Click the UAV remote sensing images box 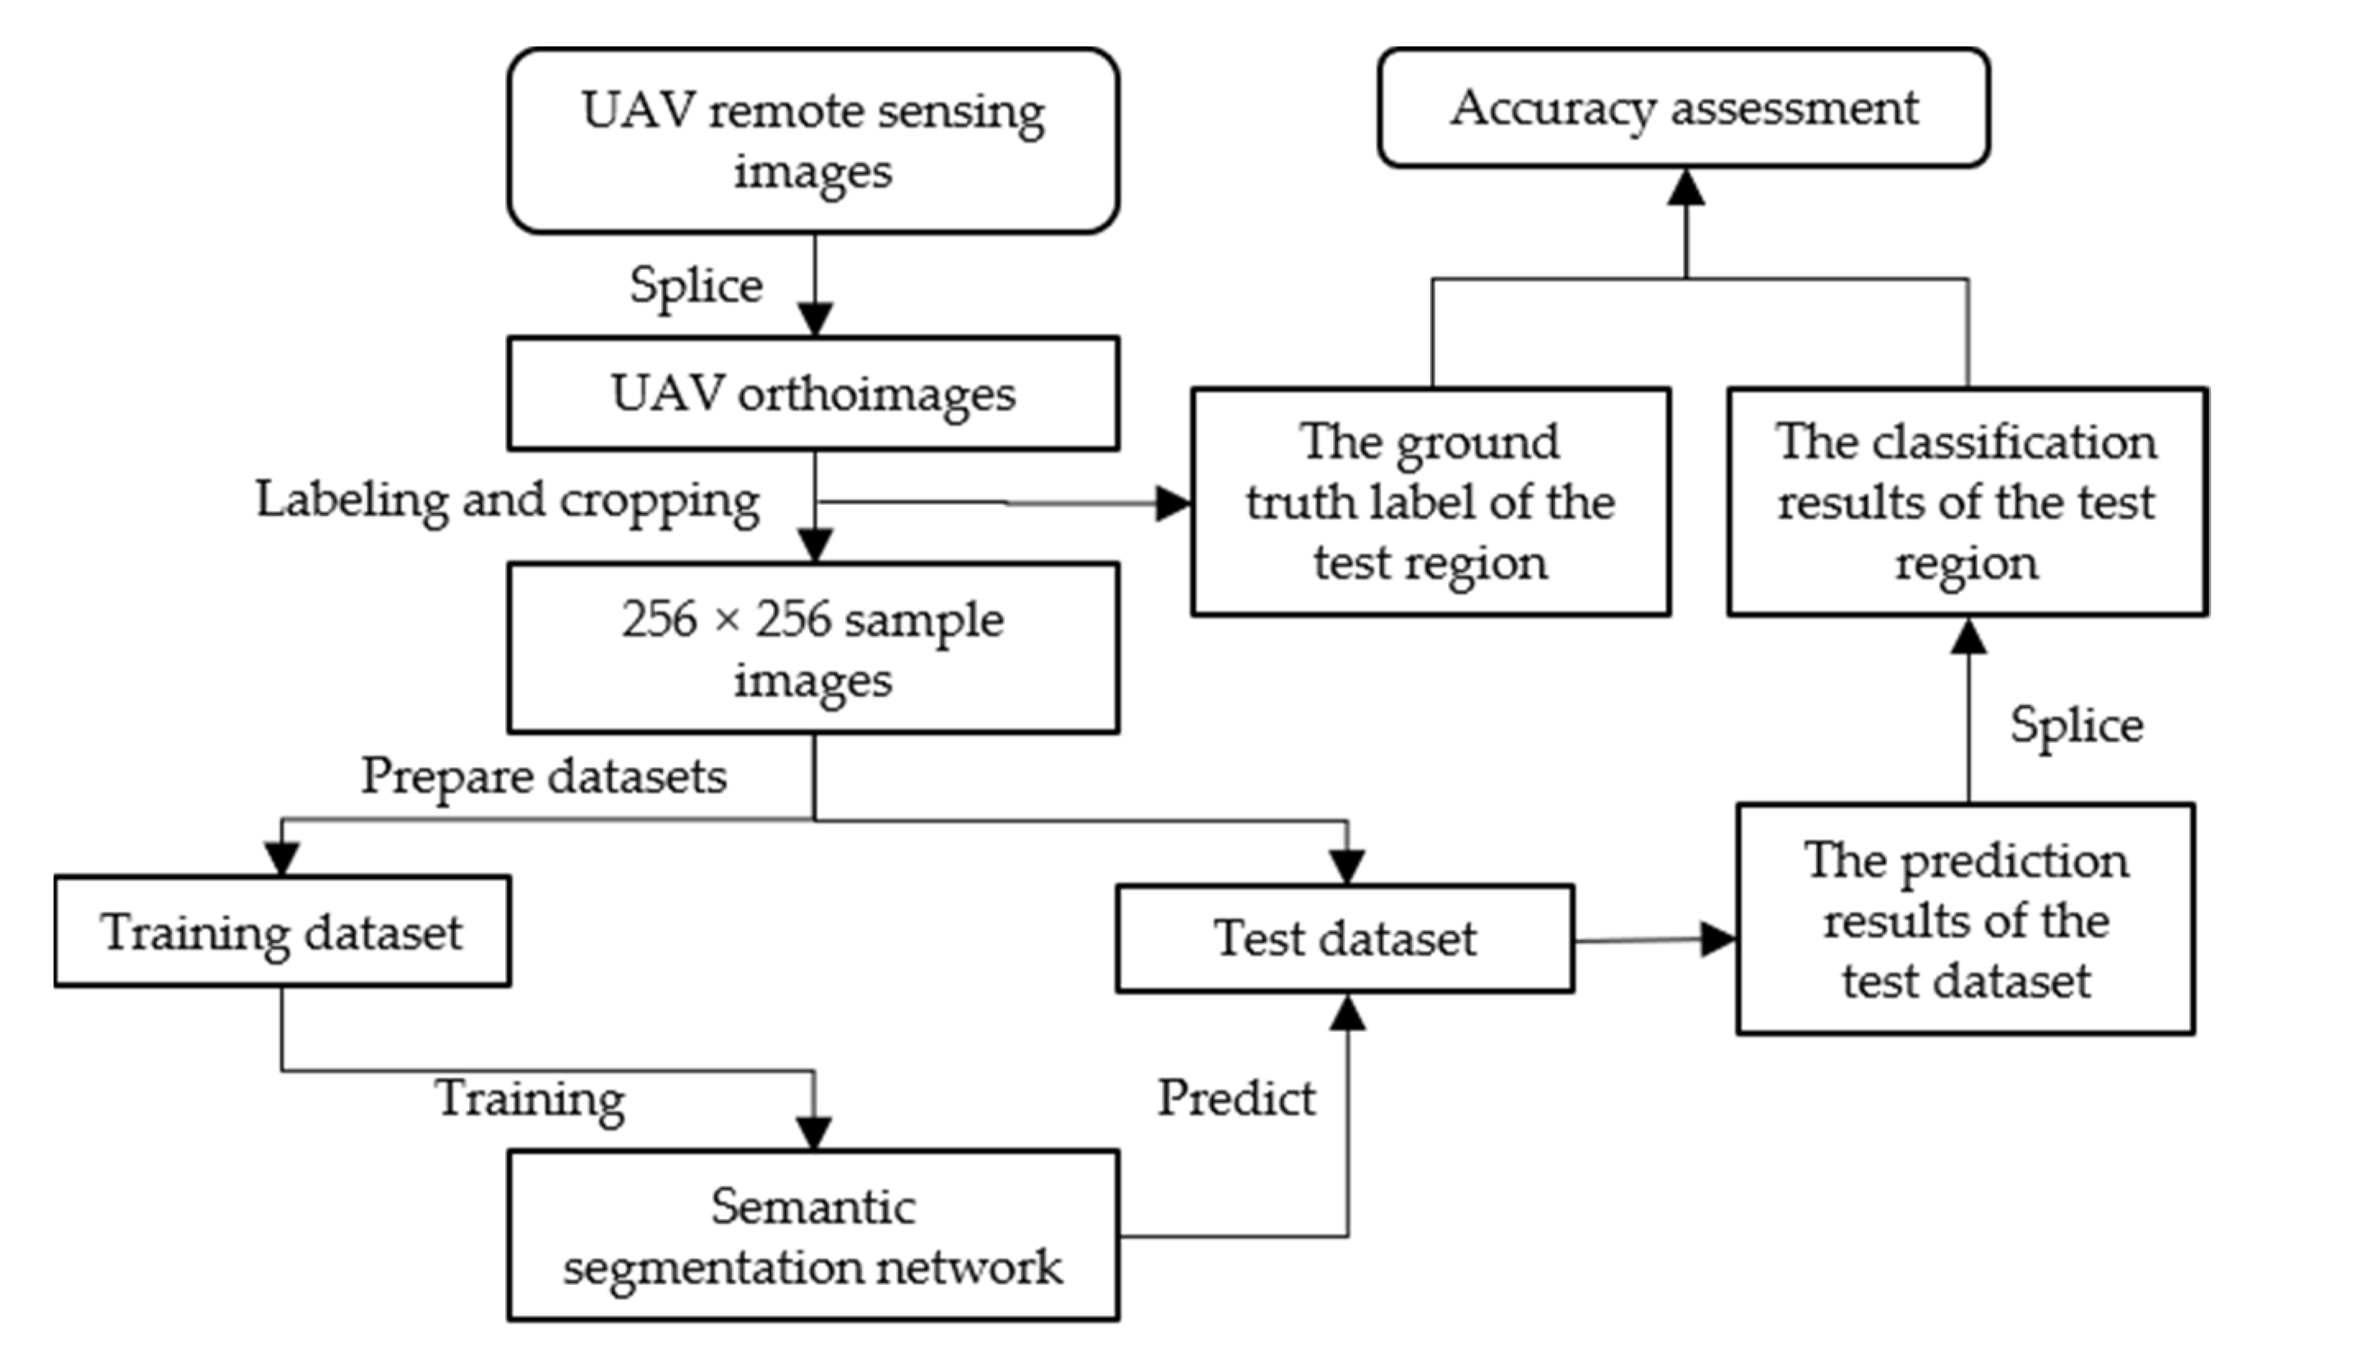pyautogui.click(x=813, y=140)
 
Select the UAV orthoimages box pyautogui.click(x=813, y=393)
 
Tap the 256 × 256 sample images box pyautogui.click(x=813, y=648)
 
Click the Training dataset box pyautogui.click(x=282, y=931)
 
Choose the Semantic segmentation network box pyautogui.click(x=813, y=1235)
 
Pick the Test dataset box pyautogui.click(x=1345, y=939)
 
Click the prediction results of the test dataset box pyautogui.click(x=1966, y=920)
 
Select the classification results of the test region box pyautogui.click(x=1967, y=503)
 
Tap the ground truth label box pyautogui.click(x=1431, y=503)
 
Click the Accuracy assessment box pyautogui.click(x=1684, y=108)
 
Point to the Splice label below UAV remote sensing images pyautogui.click(x=696, y=285)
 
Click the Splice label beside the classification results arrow pyautogui.click(x=2076, y=724)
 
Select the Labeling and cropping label pyautogui.click(x=508, y=500)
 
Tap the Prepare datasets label pyautogui.click(x=543, y=776)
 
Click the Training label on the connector pyautogui.click(x=531, y=1099)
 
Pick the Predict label pyautogui.click(x=1236, y=1099)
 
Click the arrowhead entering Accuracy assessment pyautogui.click(x=1685, y=187)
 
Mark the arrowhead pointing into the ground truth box pyautogui.click(x=1173, y=504)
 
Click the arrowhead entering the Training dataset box pyautogui.click(x=282, y=857)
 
